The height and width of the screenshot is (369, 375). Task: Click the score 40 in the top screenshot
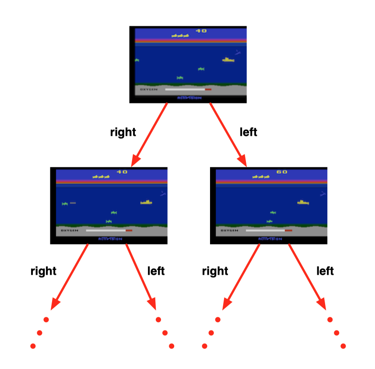pyautogui.click(x=201, y=31)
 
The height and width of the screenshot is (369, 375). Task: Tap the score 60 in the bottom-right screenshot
pyautogui.click(x=282, y=172)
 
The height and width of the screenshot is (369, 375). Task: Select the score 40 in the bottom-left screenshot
pyautogui.click(x=122, y=172)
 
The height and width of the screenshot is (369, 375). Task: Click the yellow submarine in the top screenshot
pyautogui.click(x=228, y=60)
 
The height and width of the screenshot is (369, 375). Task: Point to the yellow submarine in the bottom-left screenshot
pyautogui.click(x=146, y=202)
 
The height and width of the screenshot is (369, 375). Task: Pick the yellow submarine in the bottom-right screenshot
pyautogui.click(x=303, y=202)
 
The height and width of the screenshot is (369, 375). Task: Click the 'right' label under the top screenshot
pyautogui.click(x=123, y=132)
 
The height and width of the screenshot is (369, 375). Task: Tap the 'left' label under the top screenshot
pyautogui.click(x=249, y=132)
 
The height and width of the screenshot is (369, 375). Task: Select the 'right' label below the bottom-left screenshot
pyautogui.click(x=43, y=271)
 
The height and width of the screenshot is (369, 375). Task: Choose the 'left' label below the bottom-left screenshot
pyautogui.click(x=156, y=271)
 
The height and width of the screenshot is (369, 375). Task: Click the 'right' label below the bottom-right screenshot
pyautogui.click(x=215, y=271)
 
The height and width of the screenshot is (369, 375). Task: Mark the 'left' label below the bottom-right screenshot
pyautogui.click(x=325, y=271)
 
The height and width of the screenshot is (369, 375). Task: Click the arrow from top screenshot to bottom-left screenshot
pyautogui.click(x=151, y=134)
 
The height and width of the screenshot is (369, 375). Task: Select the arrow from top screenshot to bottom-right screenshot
pyautogui.click(x=228, y=134)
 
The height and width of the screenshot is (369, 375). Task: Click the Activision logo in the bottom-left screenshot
pyautogui.click(x=110, y=239)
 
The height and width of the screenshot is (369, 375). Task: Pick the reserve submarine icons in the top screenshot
pyautogui.click(x=180, y=35)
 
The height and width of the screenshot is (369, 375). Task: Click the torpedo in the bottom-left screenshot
pyautogui.click(x=73, y=203)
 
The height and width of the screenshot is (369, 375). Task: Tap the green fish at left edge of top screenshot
pyautogui.click(x=137, y=60)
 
